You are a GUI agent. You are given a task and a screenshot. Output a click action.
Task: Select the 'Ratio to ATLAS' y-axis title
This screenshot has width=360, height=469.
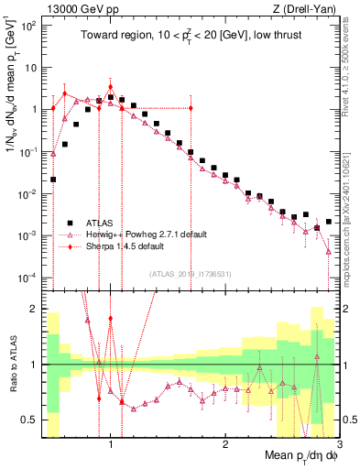point(12,364)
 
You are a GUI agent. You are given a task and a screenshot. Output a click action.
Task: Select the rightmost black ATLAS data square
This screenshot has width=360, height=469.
point(329,222)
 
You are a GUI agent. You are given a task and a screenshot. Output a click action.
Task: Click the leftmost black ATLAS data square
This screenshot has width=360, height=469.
point(53,180)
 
